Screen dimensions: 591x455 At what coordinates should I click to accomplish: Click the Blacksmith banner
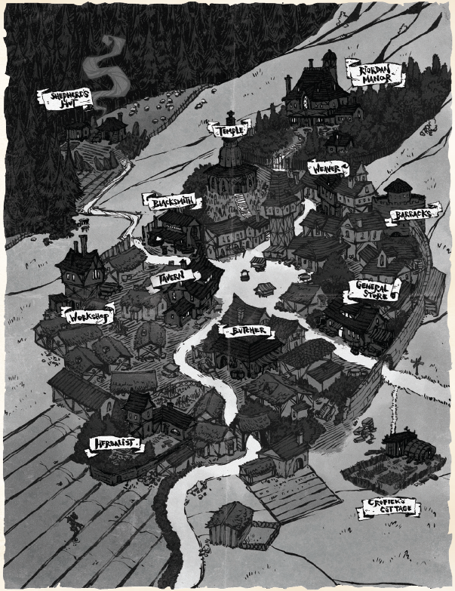(171, 202)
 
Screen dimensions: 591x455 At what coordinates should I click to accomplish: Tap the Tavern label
(173, 279)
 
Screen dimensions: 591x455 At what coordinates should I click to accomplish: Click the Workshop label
(89, 315)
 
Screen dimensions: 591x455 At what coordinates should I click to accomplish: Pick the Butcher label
(246, 331)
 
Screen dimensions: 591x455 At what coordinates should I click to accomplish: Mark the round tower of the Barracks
(398, 198)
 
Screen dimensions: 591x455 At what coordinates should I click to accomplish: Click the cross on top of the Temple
(230, 117)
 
